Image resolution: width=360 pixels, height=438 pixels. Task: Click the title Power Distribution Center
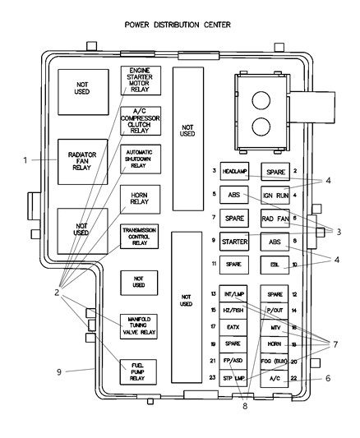click(178, 25)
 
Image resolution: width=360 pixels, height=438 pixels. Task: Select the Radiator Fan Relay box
click(82, 159)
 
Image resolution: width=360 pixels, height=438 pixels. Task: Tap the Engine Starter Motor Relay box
click(141, 81)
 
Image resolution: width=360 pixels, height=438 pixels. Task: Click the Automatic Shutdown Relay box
click(141, 159)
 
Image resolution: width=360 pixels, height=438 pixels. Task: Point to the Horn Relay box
click(141, 200)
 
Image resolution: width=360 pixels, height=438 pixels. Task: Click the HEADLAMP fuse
click(235, 171)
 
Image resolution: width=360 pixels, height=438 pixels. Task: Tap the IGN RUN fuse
click(275, 195)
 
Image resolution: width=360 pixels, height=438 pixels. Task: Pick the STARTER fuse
click(235, 242)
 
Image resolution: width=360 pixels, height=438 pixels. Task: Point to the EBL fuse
click(275, 265)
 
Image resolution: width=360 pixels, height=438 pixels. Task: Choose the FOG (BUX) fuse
click(275, 361)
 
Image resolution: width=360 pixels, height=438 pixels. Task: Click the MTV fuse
click(275, 327)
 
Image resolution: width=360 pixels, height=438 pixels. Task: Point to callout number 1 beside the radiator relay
click(25, 159)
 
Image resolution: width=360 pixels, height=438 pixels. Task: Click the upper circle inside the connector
click(260, 97)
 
